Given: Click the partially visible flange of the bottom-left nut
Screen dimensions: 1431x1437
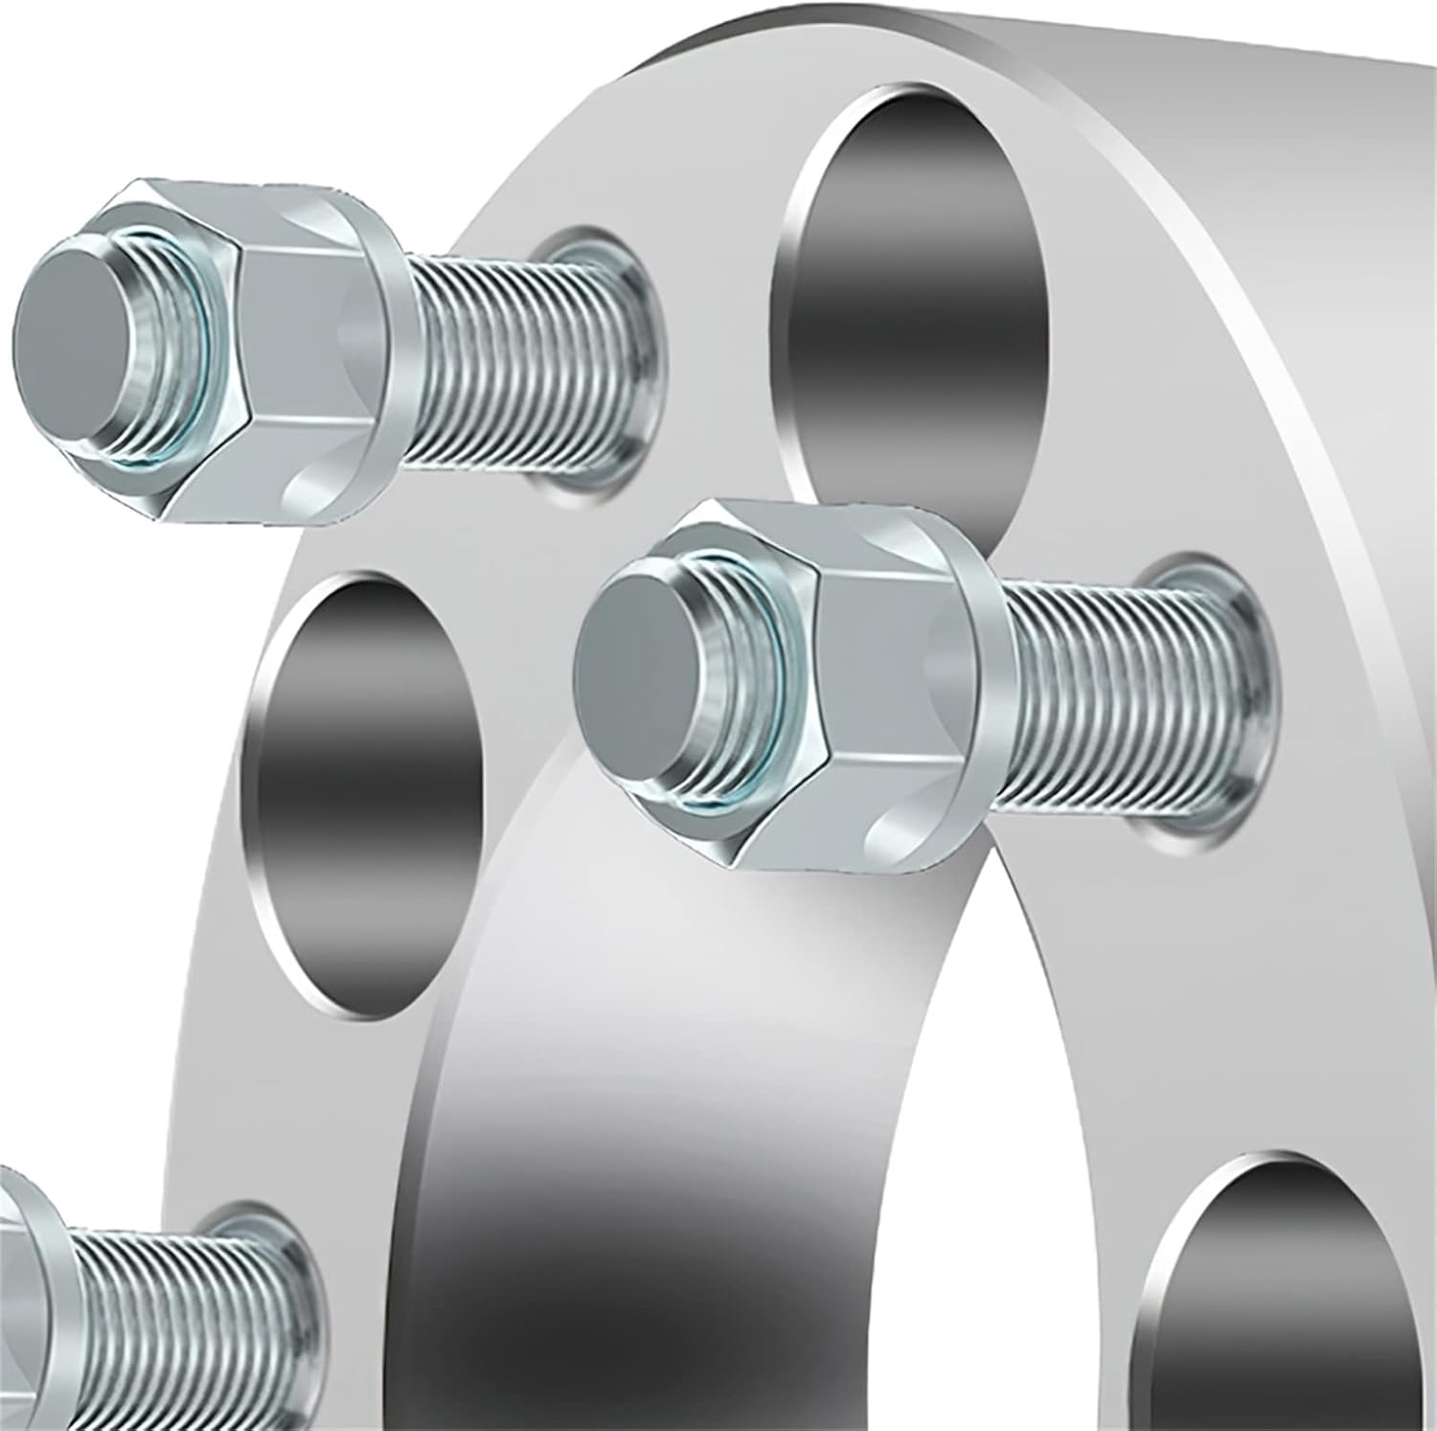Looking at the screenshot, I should [x=29, y=1293].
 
